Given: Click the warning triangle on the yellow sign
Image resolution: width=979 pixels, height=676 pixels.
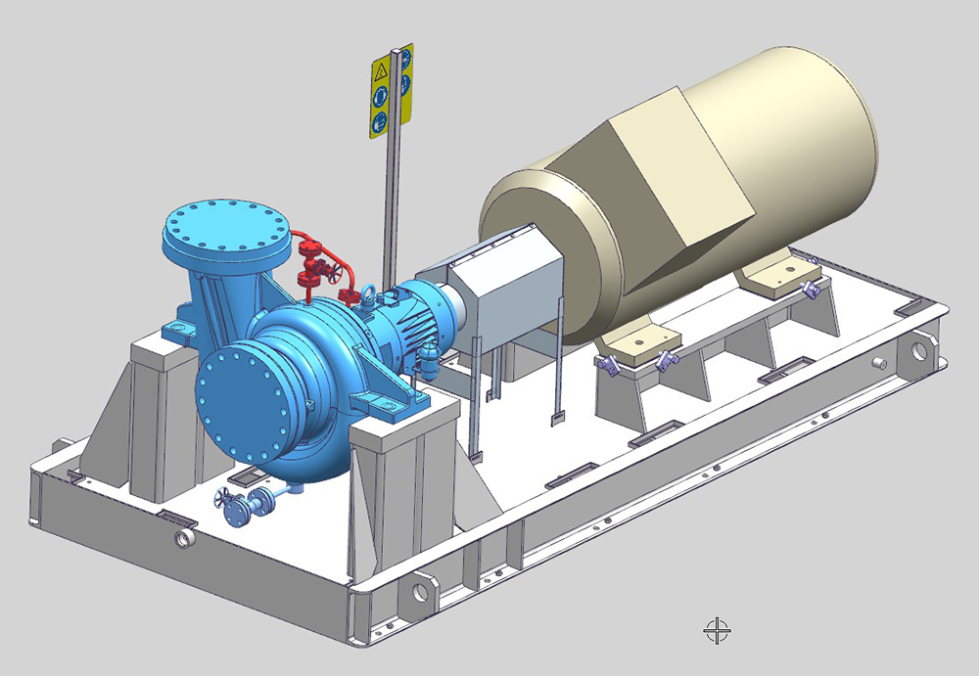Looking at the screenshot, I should [381, 72].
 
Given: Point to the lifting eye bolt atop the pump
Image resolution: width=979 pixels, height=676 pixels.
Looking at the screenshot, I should [372, 292].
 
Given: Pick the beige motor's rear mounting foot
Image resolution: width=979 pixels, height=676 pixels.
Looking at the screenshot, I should [773, 273].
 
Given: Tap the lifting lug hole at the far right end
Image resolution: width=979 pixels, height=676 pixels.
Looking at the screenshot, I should [920, 350].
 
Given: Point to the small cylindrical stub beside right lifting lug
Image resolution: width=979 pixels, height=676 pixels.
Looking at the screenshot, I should [883, 361].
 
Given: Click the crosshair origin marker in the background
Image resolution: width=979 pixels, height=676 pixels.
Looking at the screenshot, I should [717, 630].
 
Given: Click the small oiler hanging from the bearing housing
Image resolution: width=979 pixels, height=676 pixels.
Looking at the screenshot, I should [430, 361].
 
